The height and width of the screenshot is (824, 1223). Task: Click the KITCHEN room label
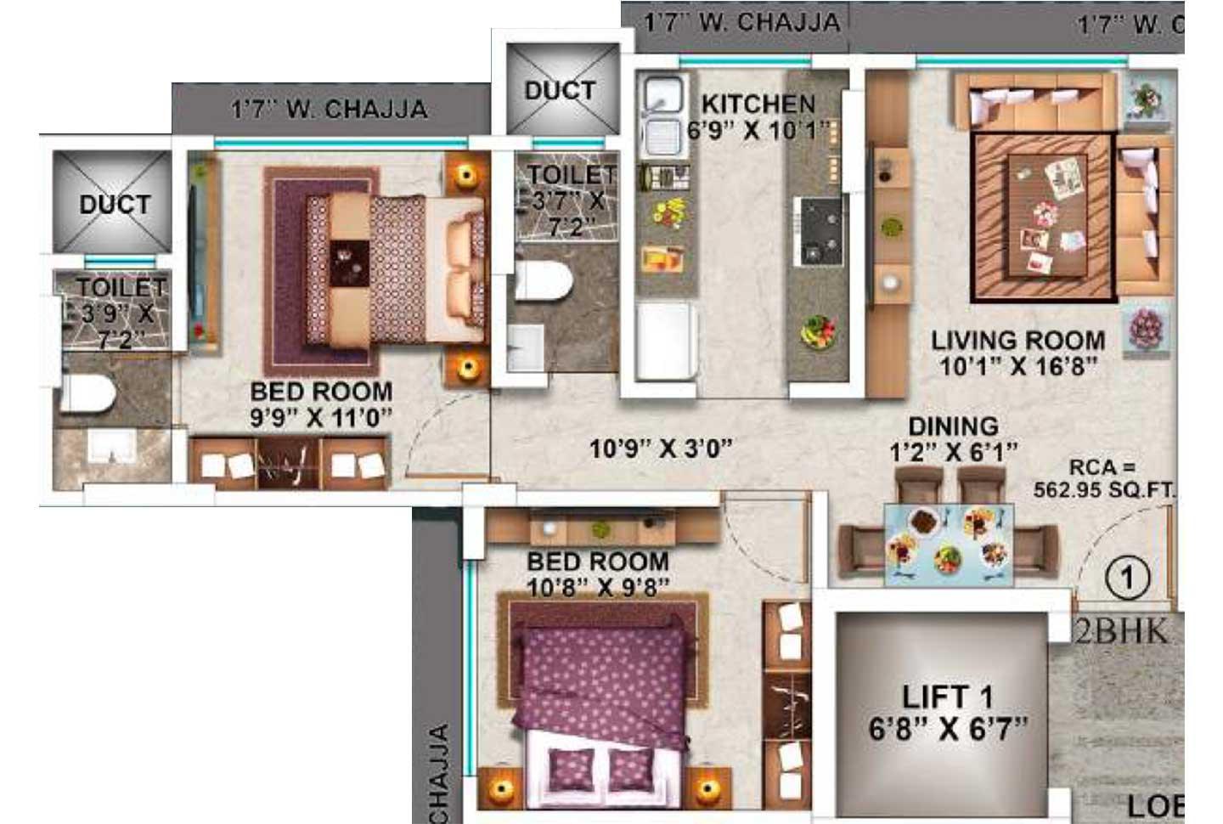758,104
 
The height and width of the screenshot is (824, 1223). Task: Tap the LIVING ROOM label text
1018,341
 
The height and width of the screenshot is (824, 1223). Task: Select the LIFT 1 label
946,697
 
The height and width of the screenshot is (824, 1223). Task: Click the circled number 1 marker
1127,578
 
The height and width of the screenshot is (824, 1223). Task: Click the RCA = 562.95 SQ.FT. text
1103,479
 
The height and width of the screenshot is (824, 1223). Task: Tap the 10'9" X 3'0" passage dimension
660,448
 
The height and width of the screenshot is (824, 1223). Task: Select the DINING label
953,426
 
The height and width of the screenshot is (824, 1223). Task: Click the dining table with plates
949,544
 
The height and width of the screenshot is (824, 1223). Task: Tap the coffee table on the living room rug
1047,216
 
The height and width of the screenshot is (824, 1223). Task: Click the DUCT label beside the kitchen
560,90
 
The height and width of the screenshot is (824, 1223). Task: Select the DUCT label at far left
115,204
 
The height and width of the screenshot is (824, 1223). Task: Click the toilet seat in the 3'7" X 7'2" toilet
544,279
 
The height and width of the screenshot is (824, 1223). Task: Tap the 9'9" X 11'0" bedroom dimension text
321,417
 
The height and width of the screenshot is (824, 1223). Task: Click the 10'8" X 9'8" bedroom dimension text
597,587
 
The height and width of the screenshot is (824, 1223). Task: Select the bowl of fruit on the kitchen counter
818,331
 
